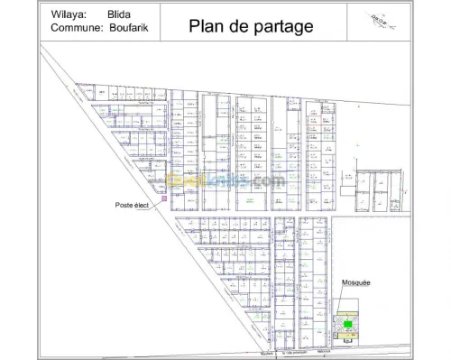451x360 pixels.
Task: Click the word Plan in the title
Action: click(x=206, y=26)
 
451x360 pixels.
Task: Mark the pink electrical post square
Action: click(x=164, y=197)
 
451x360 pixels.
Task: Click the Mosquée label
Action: click(x=356, y=282)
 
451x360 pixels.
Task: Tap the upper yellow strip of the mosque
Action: click(x=348, y=313)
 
